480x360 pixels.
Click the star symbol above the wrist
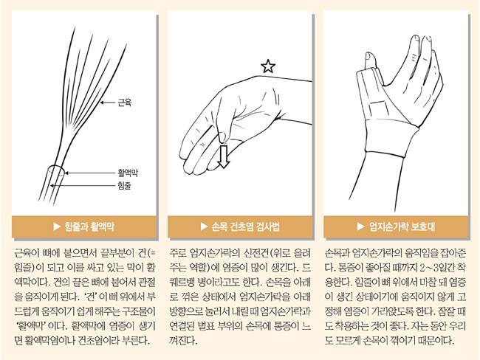(268, 66)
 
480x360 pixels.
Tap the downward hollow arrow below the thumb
(224, 156)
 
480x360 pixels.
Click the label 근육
(125, 103)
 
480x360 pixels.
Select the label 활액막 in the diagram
(128, 173)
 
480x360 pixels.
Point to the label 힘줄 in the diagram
(124, 185)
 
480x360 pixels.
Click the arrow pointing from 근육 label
(108, 103)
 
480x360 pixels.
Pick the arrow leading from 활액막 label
(90, 173)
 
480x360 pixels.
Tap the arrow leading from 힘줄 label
(83, 185)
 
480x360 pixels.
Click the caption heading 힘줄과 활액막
(89, 226)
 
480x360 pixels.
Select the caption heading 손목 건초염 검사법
(245, 226)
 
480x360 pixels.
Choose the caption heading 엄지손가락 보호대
(402, 226)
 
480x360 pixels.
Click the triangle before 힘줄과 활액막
(57, 226)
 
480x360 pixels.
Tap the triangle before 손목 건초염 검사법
(204, 226)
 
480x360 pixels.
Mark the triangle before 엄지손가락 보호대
(361, 226)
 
